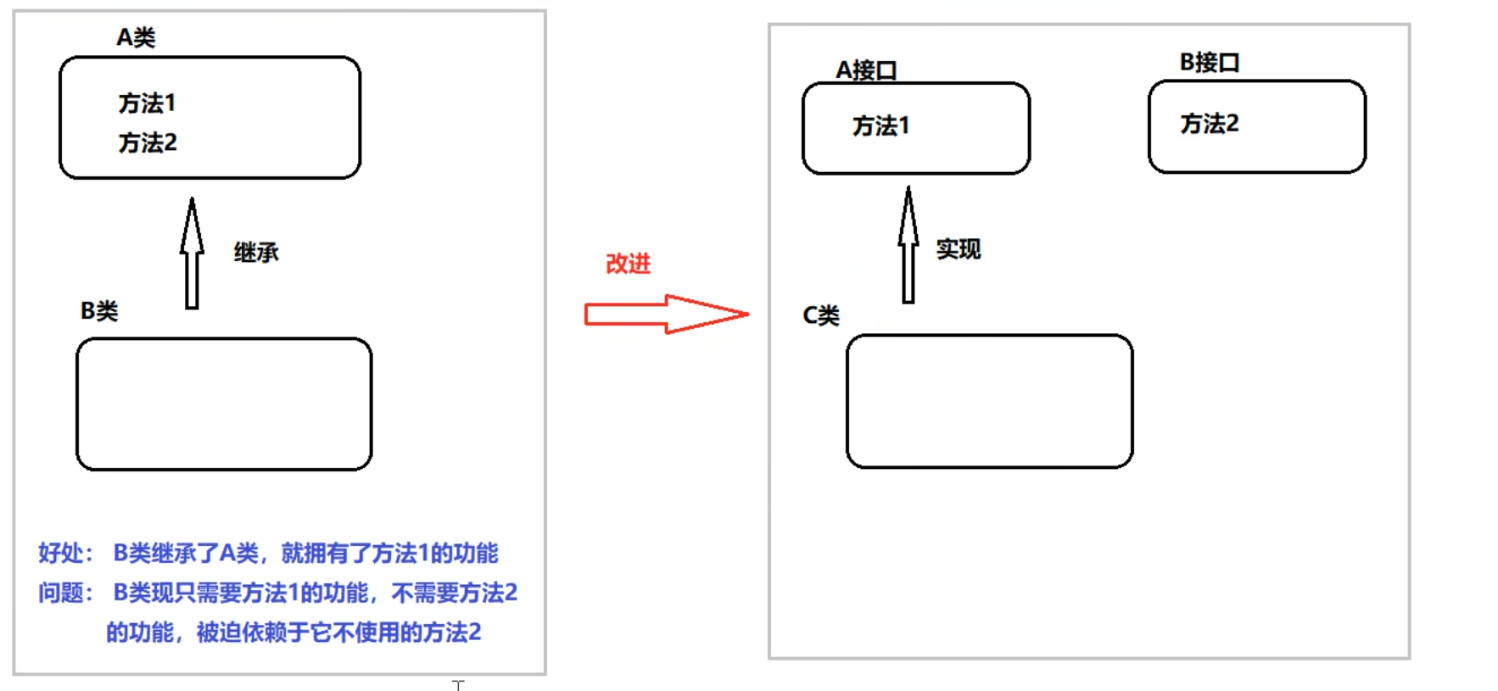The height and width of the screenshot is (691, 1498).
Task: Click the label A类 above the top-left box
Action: tap(136, 37)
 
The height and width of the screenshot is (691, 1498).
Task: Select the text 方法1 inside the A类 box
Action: tap(147, 103)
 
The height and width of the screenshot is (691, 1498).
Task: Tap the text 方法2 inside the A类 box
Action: tap(148, 142)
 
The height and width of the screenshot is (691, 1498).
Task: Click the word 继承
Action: tap(256, 252)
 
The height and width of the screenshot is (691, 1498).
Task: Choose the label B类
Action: tap(99, 311)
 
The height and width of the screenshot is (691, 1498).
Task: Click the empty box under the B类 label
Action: tap(224, 404)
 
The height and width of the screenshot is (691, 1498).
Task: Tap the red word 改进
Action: tap(628, 264)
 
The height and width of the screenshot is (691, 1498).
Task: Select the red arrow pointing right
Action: tap(666, 315)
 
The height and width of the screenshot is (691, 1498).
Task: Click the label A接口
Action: tap(866, 70)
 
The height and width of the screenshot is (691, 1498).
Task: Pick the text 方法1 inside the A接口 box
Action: tap(880, 126)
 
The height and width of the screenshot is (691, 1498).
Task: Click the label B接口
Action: tap(1210, 62)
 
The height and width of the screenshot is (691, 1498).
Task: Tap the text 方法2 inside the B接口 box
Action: tap(1209, 124)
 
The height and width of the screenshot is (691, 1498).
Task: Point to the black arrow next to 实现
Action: tap(908, 245)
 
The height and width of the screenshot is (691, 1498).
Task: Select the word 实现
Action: tap(959, 248)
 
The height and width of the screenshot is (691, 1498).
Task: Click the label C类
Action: tap(821, 315)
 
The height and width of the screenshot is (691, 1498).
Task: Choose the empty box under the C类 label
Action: tap(989, 401)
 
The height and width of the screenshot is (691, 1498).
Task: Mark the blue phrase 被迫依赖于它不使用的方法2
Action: tap(339, 632)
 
